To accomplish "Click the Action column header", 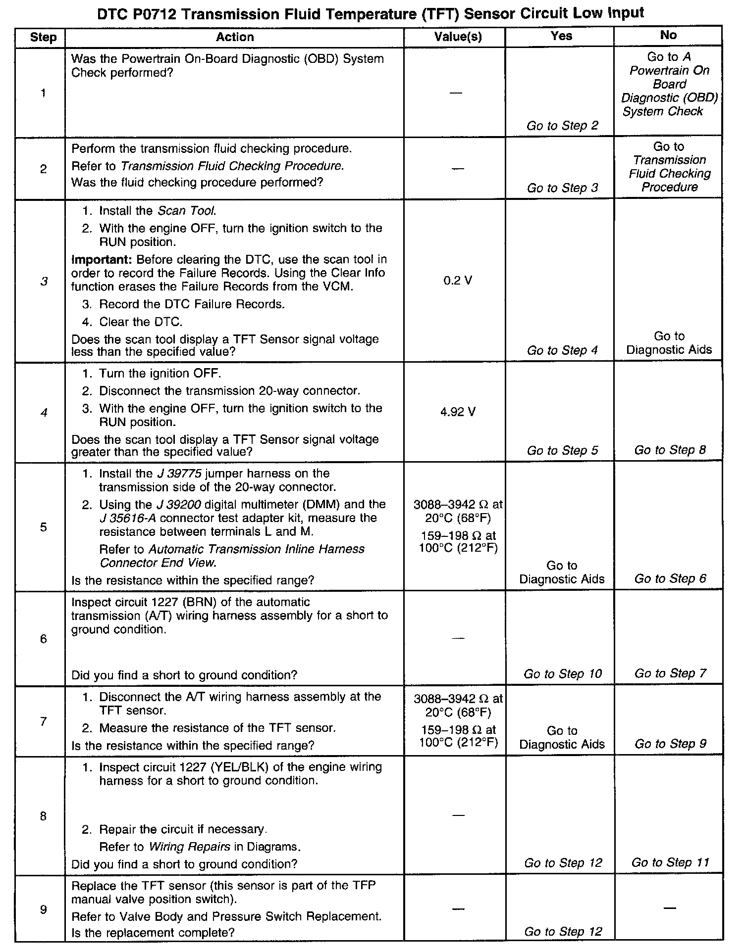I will point(235,37).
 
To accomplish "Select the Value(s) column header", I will point(458,37).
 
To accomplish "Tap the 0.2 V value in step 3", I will point(458,281).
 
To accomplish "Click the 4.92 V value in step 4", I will point(458,412).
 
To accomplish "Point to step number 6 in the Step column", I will point(43,639).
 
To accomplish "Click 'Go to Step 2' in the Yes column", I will point(562,126).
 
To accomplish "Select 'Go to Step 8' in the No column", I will point(670,450).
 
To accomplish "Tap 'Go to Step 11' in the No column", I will point(670,862).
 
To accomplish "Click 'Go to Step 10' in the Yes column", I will point(562,673).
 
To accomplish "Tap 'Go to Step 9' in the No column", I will point(670,744).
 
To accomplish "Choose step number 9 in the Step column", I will point(43,909).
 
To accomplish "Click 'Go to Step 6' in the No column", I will point(670,578).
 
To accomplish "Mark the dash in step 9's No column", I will point(669,908).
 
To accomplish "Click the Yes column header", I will point(561,36).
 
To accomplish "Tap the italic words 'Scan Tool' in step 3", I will point(187,211).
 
